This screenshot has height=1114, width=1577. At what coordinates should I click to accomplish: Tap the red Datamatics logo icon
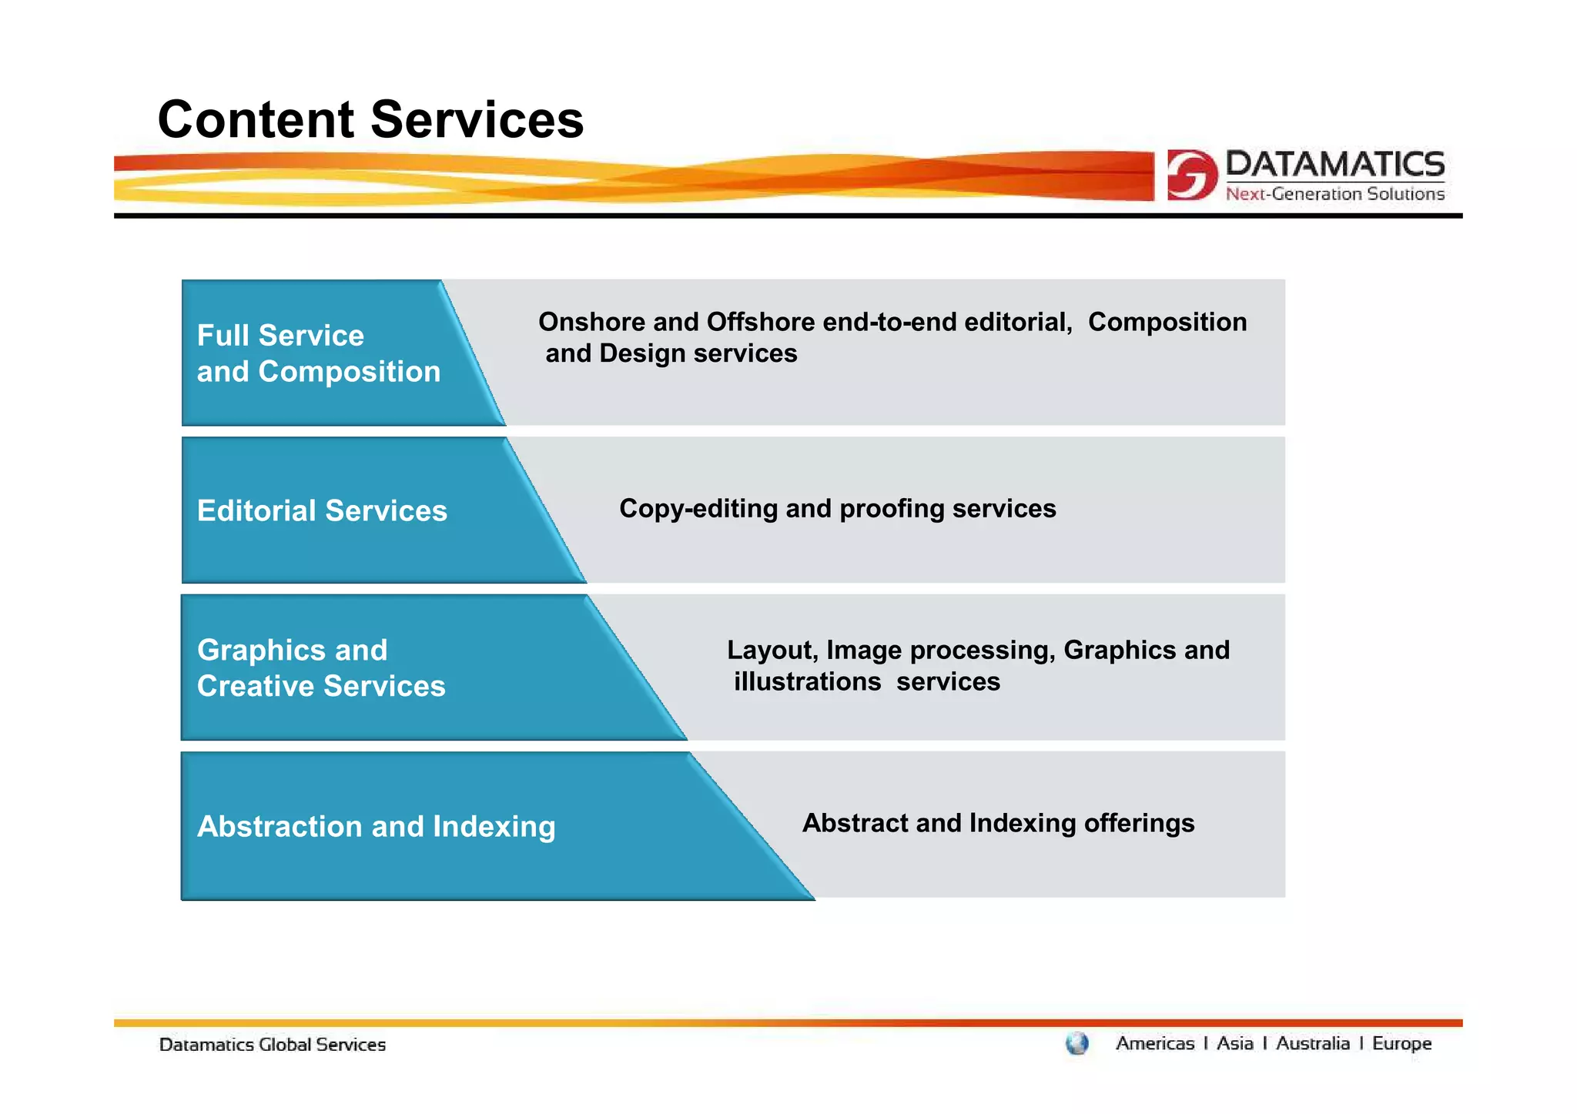[x=1190, y=175]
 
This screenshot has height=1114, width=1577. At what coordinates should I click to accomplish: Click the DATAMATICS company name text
[x=1334, y=164]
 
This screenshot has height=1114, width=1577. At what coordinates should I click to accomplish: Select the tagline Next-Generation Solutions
[x=1334, y=194]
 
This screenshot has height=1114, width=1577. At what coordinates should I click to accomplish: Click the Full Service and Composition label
[x=318, y=353]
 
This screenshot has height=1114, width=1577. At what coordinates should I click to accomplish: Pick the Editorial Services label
[x=322, y=511]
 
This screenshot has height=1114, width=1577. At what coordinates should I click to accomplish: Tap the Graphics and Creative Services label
[x=321, y=668]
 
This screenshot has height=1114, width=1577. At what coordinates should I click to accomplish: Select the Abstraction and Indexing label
[x=376, y=826]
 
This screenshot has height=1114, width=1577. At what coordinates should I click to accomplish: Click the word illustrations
[x=807, y=682]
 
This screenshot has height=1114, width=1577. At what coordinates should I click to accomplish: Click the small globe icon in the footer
[x=1077, y=1044]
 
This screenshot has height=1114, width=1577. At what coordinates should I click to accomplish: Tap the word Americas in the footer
[x=1154, y=1044]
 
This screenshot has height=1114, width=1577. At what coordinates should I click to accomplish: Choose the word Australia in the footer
[x=1312, y=1044]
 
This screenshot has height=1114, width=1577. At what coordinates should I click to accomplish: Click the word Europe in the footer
[x=1401, y=1044]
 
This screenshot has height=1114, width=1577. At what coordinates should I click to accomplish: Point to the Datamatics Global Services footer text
[x=272, y=1045]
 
